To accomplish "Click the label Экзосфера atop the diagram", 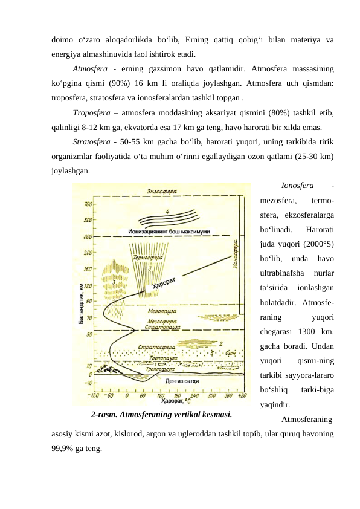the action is (161, 191).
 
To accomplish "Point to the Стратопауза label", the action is (159, 327).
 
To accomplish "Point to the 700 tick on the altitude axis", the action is (89, 204).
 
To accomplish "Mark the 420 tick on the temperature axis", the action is (242, 394).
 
